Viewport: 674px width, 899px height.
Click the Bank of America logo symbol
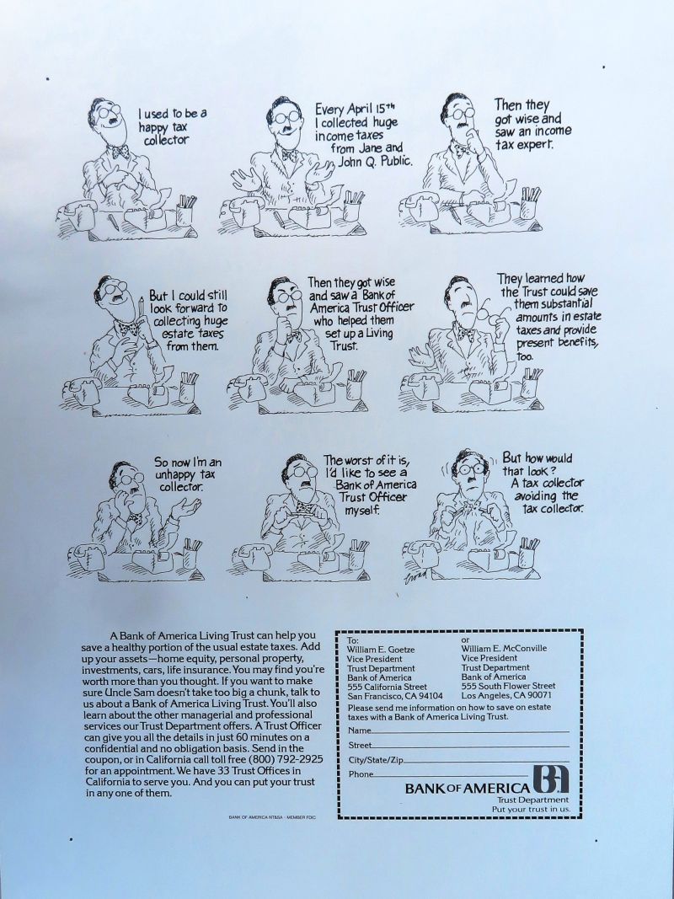(x=550, y=779)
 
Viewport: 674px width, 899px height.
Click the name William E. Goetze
(x=381, y=649)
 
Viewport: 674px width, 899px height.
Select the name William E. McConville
(x=504, y=649)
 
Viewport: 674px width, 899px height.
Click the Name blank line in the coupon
(x=471, y=732)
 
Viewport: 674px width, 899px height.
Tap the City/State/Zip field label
(x=376, y=760)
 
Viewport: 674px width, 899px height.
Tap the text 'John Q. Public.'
(x=374, y=161)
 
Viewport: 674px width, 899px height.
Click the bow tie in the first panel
(x=120, y=152)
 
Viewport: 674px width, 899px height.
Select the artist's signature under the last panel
(x=417, y=577)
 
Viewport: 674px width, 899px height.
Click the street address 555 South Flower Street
(x=508, y=686)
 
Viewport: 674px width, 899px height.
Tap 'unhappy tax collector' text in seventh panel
(x=185, y=474)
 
